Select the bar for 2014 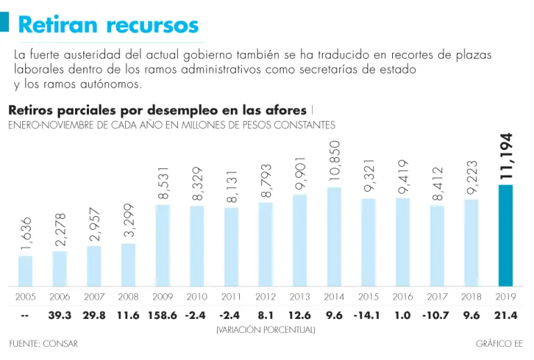click(x=334, y=236)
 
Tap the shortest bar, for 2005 click(x=26, y=270)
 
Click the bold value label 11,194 click(x=506, y=156)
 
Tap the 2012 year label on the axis click(x=266, y=297)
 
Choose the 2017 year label click(x=437, y=297)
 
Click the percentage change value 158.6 click(x=163, y=315)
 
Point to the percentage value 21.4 click(x=505, y=315)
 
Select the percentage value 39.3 click(x=60, y=315)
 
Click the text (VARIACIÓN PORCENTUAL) click(x=266, y=329)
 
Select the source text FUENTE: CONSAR click(x=43, y=343)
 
